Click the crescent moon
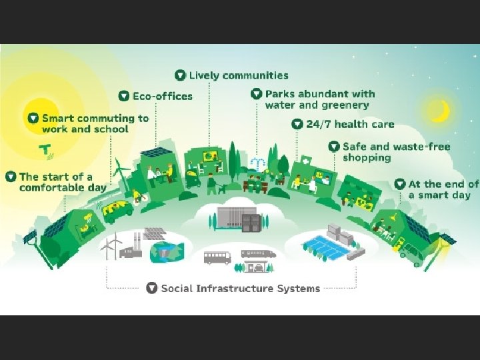click(437, 111)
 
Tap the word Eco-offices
click(162, 96)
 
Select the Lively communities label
click(238, 75)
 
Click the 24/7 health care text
click(349, 124)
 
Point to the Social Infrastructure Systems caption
click(241, 289)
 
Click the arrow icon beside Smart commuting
click(33, 118)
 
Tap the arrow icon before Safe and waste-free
click(334, 147)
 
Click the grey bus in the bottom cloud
click(217, 258)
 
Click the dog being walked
click(223, 189)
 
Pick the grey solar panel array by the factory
click(155, 233)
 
